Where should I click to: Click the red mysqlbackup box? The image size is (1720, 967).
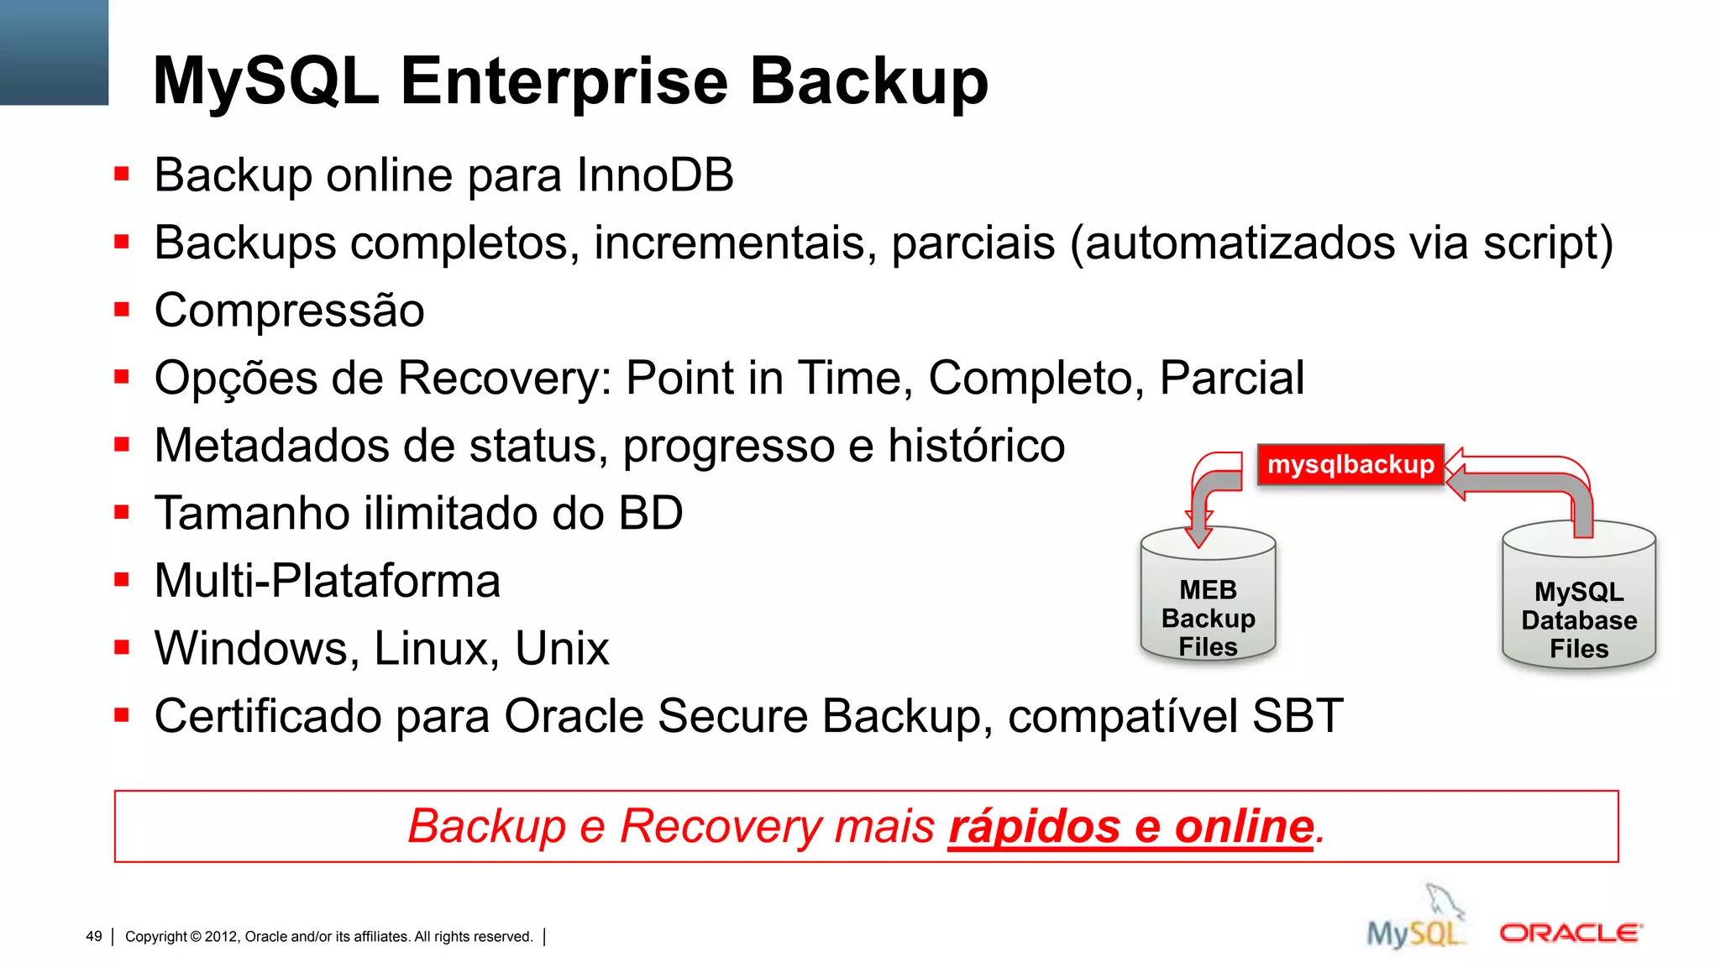coord(1350,465)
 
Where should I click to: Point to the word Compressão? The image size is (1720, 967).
coord(290,311)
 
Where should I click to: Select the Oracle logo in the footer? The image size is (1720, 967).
coord(1571,933)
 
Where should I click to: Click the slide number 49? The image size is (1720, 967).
coord(94,937)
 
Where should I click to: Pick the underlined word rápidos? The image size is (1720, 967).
coord(1034,827)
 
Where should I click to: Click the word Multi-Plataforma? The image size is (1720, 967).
coord(328,581)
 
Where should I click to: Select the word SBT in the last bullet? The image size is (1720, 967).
coord(1297,716)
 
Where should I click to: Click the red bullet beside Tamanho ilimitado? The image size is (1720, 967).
coord(123,512)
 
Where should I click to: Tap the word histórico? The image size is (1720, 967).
coord(976,446)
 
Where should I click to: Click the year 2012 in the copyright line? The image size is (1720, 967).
coord(221,937)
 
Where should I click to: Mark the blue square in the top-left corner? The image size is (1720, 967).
coord(54,52)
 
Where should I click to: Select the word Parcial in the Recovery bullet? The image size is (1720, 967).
coord(1232,379)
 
